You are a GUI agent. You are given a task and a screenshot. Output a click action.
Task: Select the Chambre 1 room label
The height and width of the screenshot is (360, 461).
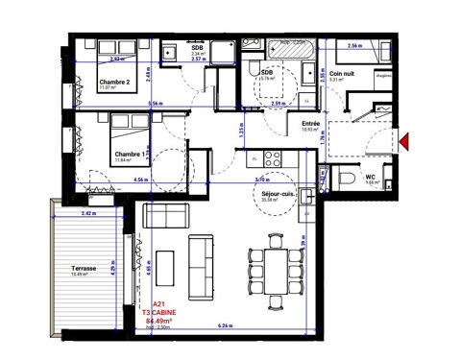point(132,154)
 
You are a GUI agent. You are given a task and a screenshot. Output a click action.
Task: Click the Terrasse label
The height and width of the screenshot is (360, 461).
point(85,268)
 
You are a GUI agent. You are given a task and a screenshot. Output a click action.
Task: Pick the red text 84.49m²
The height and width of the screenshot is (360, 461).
point(158,321)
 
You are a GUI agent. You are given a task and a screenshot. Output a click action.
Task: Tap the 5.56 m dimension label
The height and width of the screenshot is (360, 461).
point(154,104)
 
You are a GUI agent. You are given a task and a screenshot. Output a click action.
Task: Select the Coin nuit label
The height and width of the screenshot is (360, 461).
point(342,73)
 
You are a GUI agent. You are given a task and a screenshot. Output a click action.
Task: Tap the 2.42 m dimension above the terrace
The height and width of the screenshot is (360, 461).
point(90,213)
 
